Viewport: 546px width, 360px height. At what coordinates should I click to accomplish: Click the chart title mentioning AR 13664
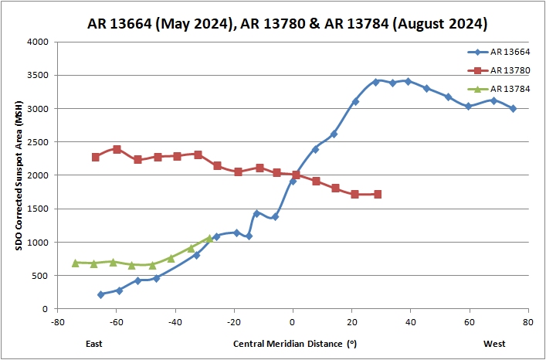click(x=287, y=24)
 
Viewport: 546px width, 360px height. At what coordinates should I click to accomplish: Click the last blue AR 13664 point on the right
click(x=513, y=109)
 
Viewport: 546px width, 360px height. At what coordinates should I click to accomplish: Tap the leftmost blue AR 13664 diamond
click(x=100, y=294)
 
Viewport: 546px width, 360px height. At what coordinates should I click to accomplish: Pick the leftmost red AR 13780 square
click(x=95, y=157)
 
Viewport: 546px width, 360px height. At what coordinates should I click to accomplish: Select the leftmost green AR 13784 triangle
click(x=76, y=263)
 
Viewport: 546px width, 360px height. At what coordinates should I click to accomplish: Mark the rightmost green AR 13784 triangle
click(x=209, y=238)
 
